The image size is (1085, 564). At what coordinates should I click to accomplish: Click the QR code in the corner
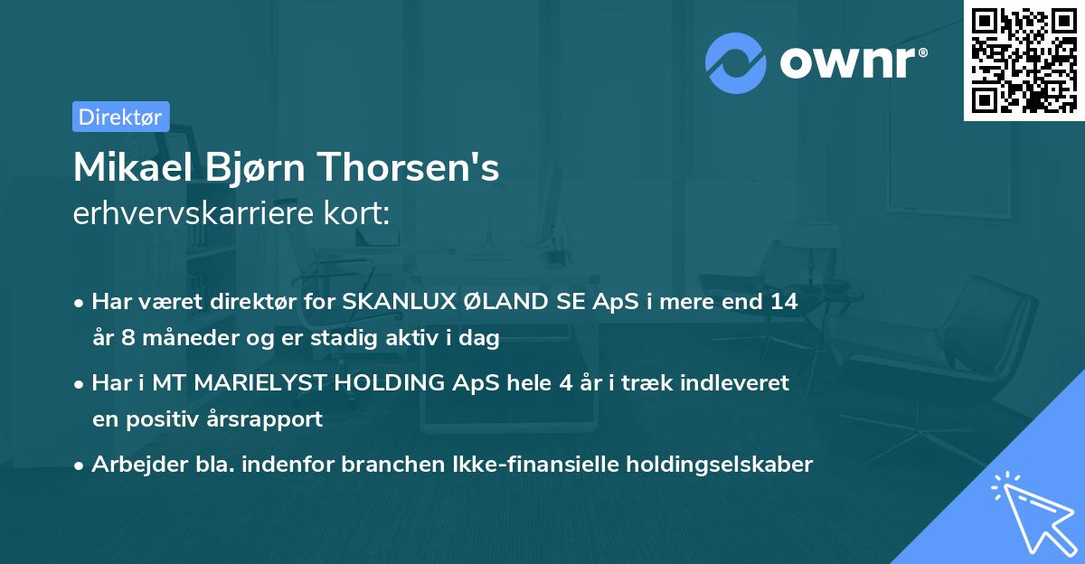click(x=1024, y=61)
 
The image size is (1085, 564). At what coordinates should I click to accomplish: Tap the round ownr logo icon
click(x=736, y=63)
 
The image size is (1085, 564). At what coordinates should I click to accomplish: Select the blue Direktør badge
click(x=120, y=117)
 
